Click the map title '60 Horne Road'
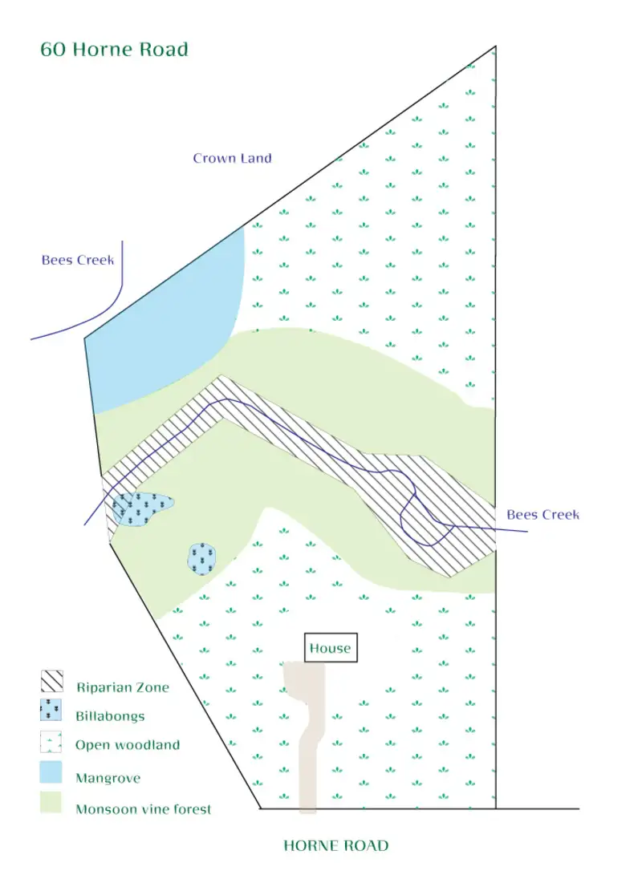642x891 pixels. tap(114, 50)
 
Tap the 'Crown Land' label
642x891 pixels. tap(232, 158)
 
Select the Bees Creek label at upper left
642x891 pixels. tap(77, 261)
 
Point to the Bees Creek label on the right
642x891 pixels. tap(542, 515)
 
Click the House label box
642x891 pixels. tap(331, 648)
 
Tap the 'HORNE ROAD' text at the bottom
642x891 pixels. tap(335, 845)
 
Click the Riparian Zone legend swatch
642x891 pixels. tap(51, 681)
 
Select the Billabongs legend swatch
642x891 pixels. tap(51, 710)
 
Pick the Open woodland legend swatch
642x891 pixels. tap(51, 742)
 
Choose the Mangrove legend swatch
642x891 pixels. tap(51, 772)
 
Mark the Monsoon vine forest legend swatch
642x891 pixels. tap(51, 802)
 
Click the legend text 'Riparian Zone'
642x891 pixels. tap(123, 687)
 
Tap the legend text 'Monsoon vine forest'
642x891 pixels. tap(144, 809)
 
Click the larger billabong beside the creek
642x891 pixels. tap(142, 508)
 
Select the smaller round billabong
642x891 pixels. tap(202, 559)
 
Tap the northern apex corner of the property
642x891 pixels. tap(495, 47)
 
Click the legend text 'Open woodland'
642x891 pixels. tap(128, 745)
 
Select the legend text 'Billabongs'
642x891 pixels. tap(110, 716)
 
